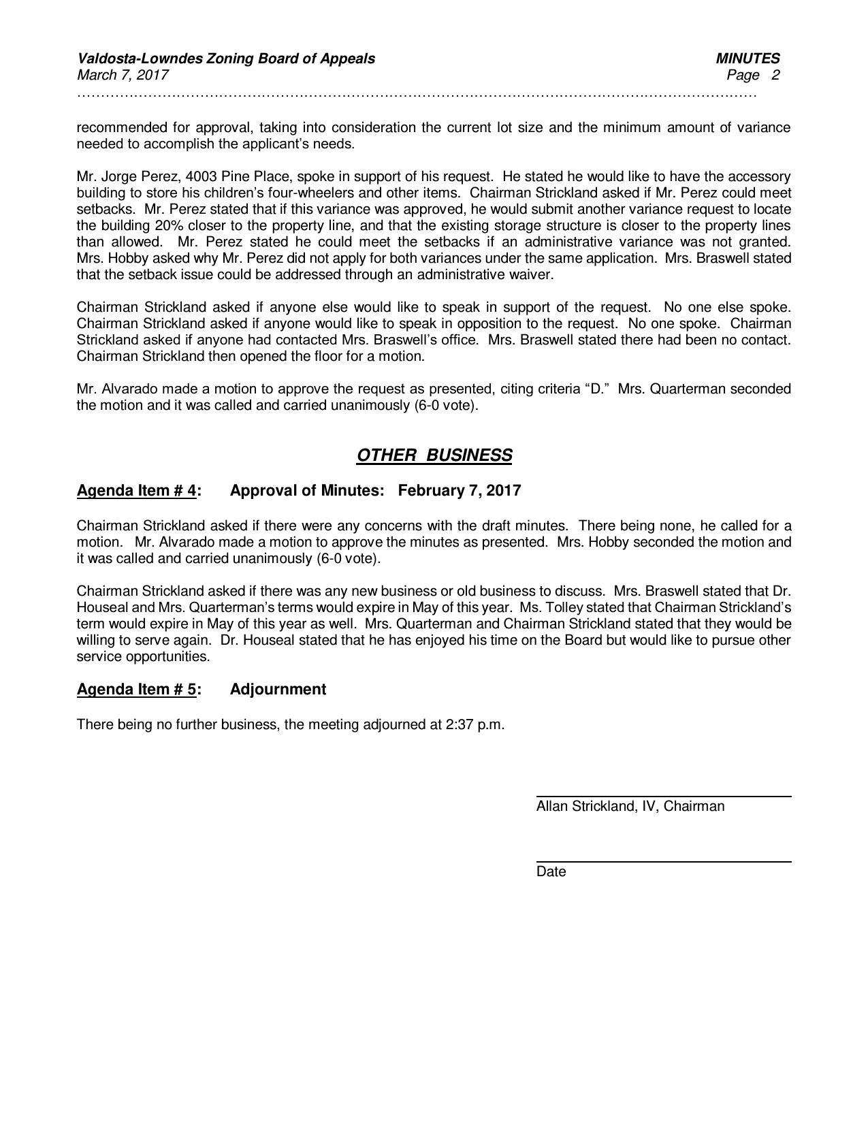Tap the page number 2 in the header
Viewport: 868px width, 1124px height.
pos(775,75)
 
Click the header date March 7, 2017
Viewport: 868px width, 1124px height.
pos(123,75)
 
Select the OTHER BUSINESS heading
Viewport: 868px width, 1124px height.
pos(434,455)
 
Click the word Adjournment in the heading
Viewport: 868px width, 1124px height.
pos(278,689)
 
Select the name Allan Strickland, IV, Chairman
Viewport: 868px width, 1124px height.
pos(630,806)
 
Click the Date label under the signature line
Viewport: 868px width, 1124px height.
pos(551,872)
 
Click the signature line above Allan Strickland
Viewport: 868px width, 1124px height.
pos(663,796)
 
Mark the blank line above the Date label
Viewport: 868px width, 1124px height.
pos(663,862)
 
